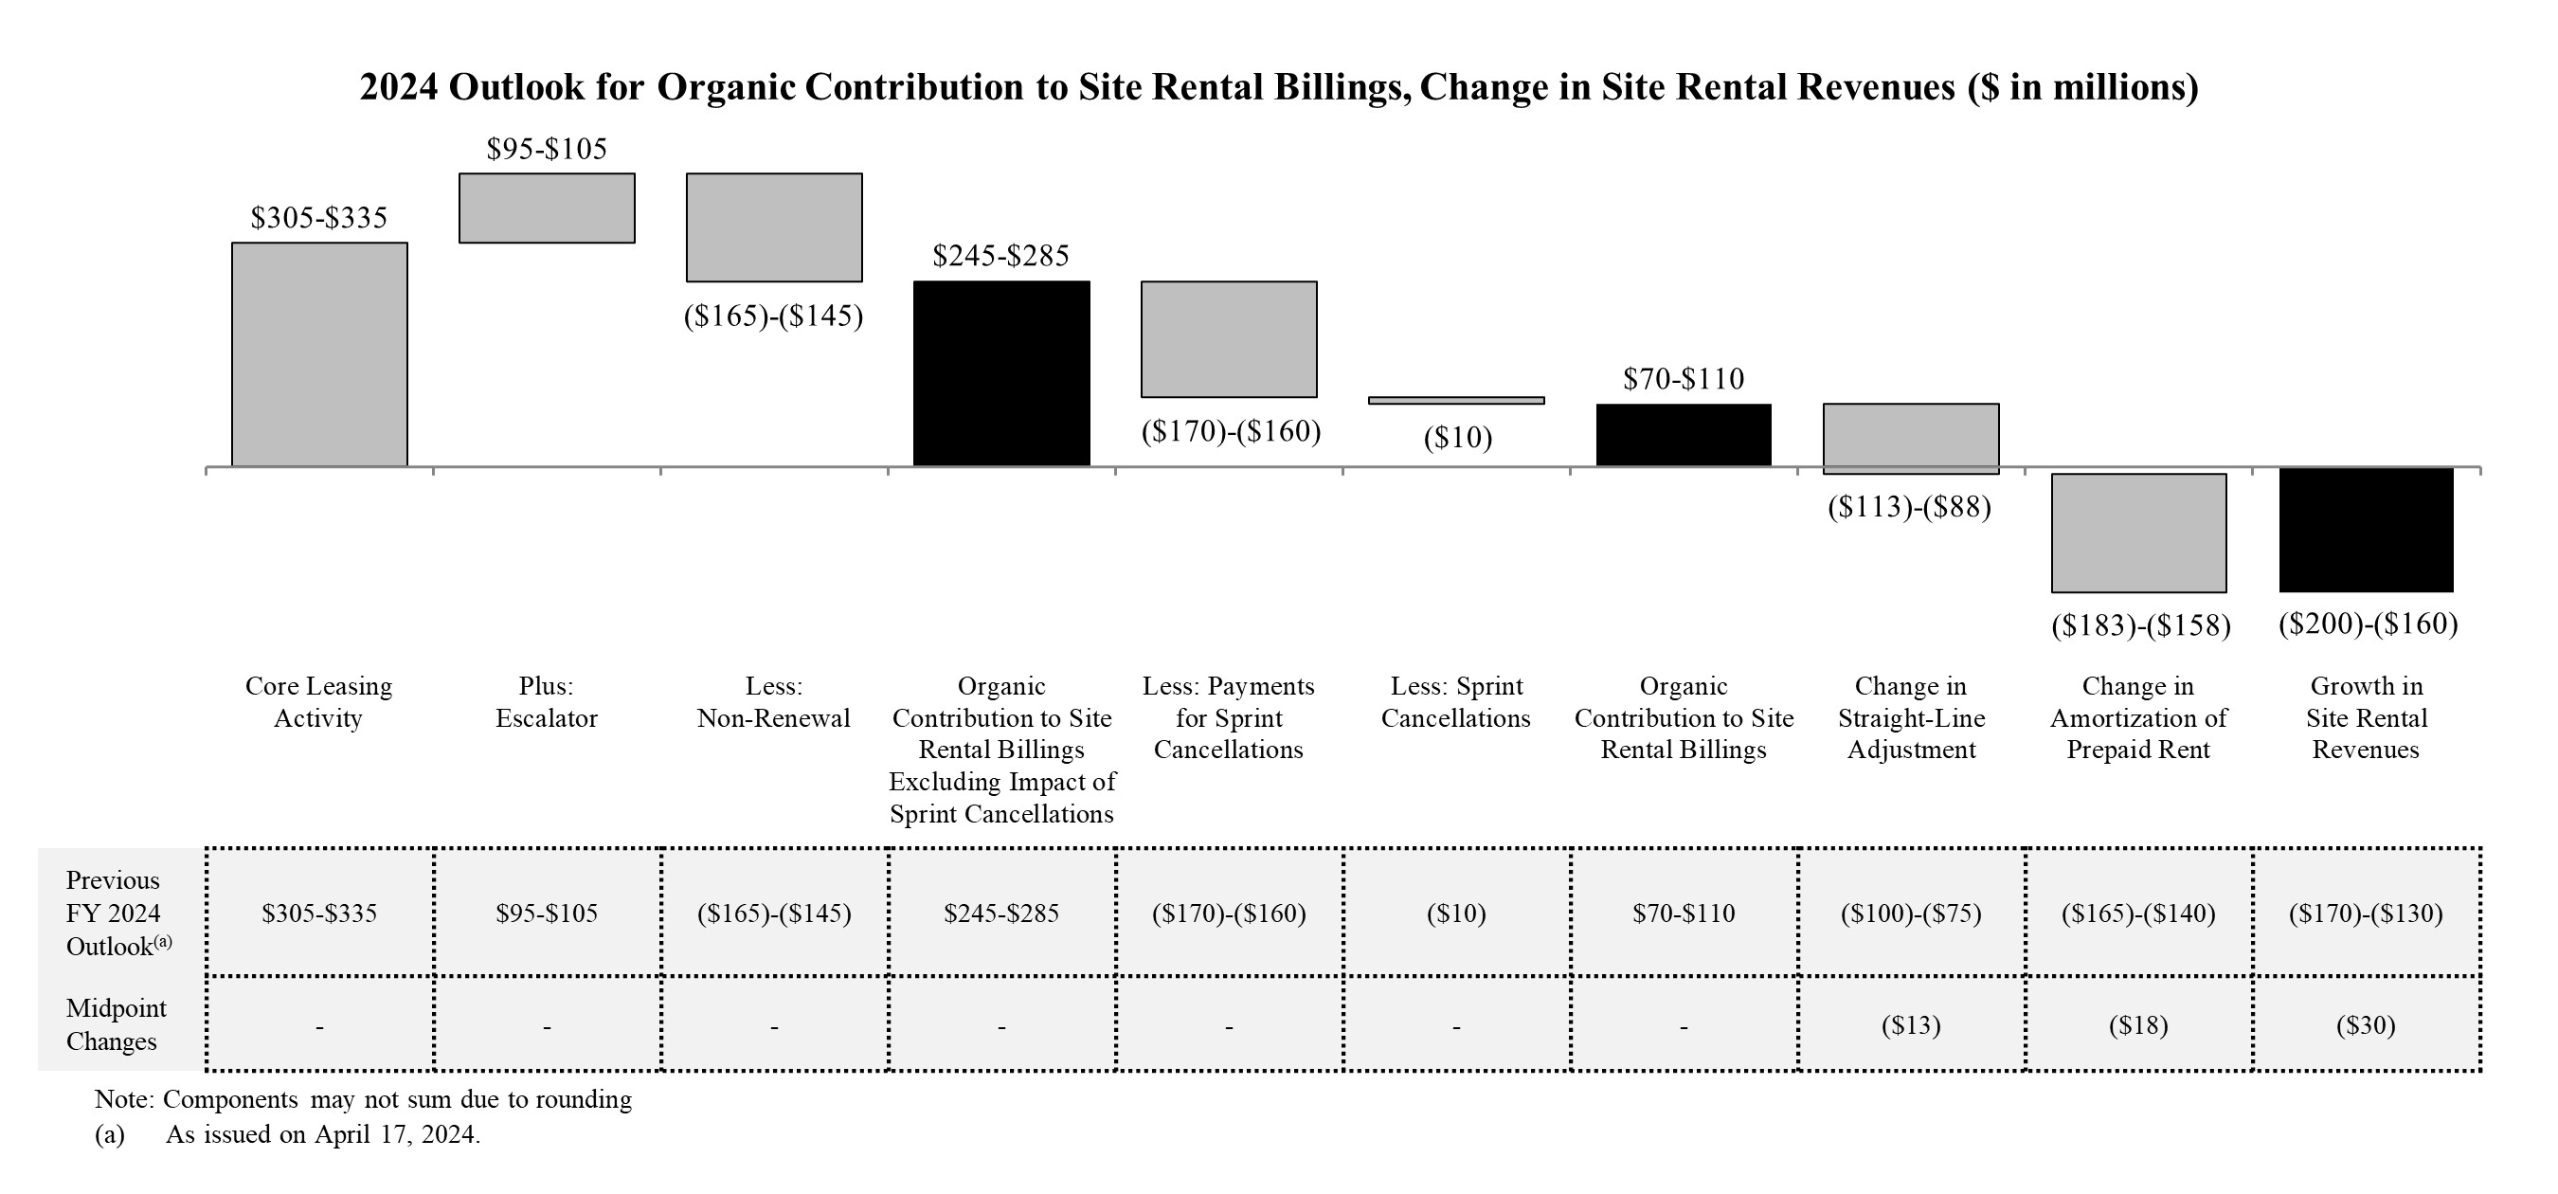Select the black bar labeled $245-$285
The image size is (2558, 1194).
(x=1001, y=373)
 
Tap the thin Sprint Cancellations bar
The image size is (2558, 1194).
(x=1456, y=400)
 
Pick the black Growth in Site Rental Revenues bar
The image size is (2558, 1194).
(x=2366, y=530)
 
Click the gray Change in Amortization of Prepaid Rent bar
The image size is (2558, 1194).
(x=2138, y=533)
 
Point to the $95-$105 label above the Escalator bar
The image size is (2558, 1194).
(x=546, y=149)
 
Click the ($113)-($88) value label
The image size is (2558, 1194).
(x=1910, y=508)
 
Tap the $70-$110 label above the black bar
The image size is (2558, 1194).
(x=1684, y=378)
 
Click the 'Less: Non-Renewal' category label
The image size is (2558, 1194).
(x=773, y=702)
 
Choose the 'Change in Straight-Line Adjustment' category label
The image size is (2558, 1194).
(x=1911, y=717)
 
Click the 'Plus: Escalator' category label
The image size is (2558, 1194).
(x=546, y=702)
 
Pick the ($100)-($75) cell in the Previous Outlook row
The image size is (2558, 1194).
(x=1911, y=913)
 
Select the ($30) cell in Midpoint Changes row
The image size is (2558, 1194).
(x=2366, y=1025)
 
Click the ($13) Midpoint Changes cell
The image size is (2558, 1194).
(x=1911, y=1025)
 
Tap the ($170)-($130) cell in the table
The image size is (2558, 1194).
(x=2366, y=913)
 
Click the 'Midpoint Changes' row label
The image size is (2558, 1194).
(x=116, y=1025)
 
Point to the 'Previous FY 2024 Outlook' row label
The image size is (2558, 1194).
(x=116, y=913)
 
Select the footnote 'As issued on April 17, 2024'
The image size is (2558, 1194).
(x=323, y=1134)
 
